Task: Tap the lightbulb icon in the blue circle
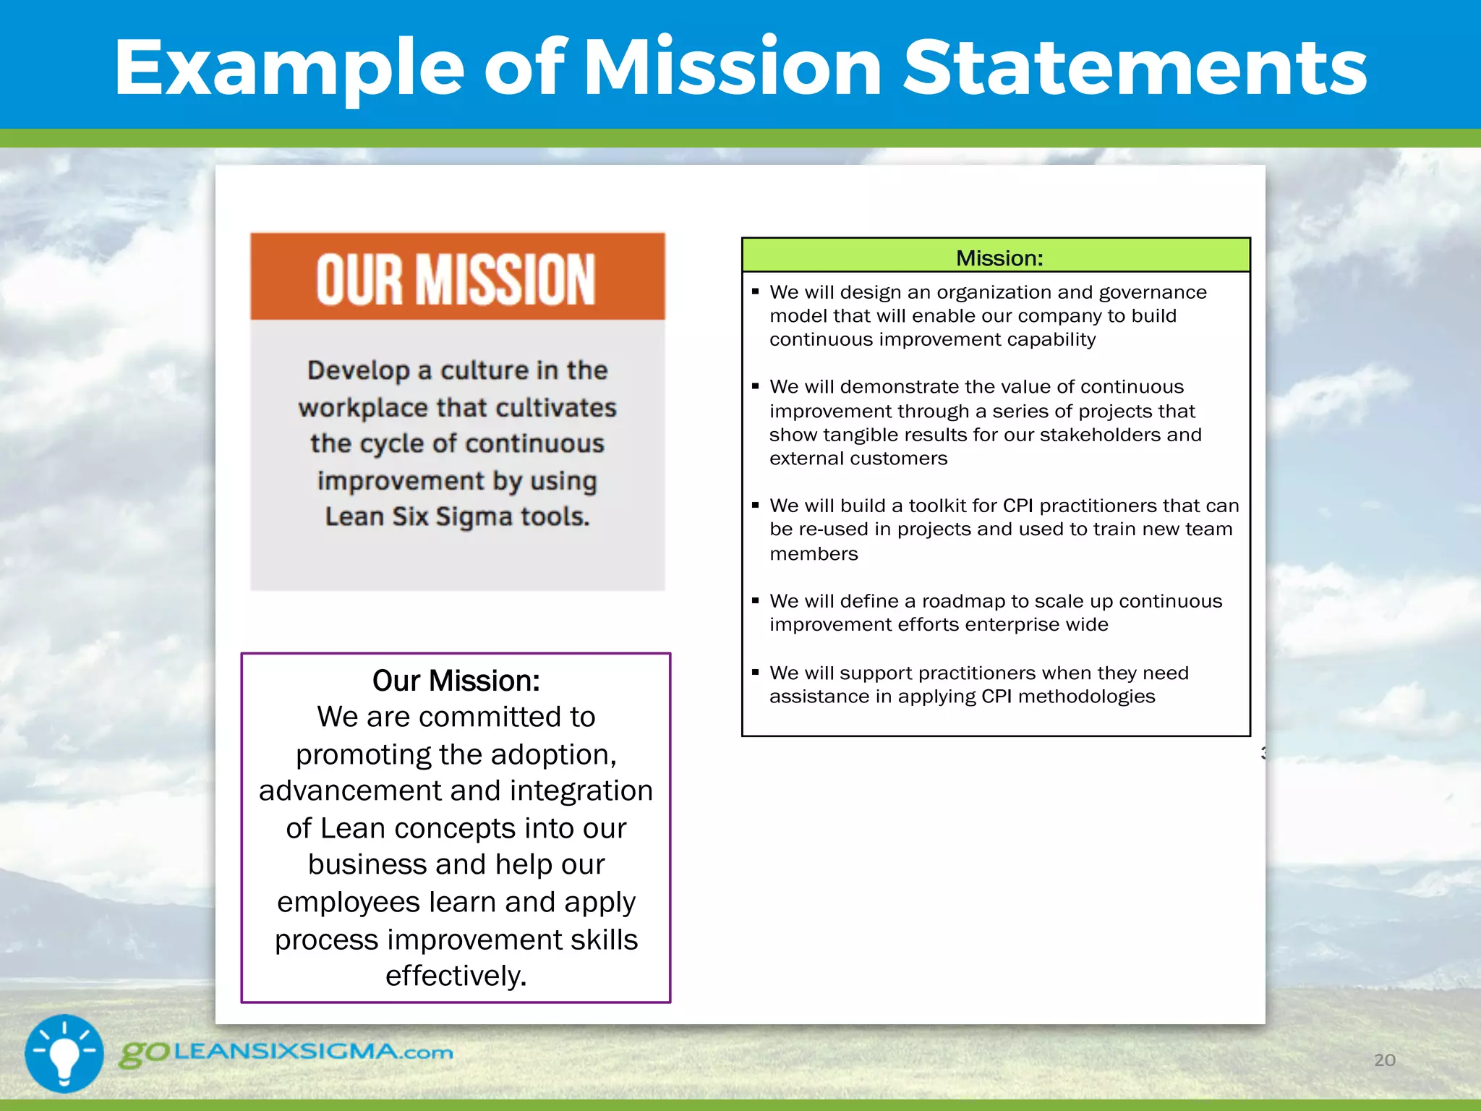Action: click(64, 1053)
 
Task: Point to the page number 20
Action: click(1384, 1060)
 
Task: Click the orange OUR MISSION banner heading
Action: click(456, 279)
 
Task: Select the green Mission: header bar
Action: click(996, 257)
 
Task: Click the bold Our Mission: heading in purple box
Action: click(456, 681)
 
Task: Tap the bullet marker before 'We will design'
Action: click(755, 291)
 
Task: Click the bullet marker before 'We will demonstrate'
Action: click(755, 386)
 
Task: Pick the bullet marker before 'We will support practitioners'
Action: click(755, 673)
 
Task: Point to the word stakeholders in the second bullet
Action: click(1099, 435)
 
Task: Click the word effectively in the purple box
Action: click(453, 976)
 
